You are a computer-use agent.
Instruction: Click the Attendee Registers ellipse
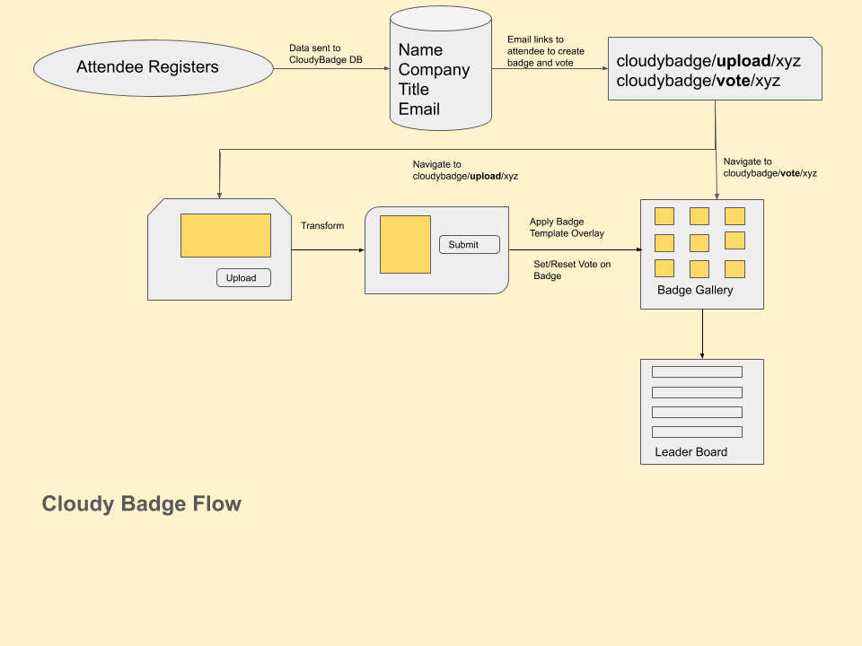click(x=153, y=67)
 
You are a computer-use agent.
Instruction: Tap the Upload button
click(x=242, y=278)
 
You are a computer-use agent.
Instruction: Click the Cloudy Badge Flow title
click(x=142, y=503)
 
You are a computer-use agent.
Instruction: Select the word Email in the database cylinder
click(x=419, y=109)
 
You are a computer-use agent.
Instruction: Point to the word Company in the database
click(x=434, y=70)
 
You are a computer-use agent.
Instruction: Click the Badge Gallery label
click(x=695, y=291)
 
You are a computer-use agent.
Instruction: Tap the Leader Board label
click(x=690, y=452)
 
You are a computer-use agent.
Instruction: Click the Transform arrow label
click(x=322, y=226)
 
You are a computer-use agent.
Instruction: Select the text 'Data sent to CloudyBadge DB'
click(x=325, y=54)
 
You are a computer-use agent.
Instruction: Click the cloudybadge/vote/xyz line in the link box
click(x=698, y=81)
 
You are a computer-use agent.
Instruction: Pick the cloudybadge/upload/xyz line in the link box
click(x=708, y=61)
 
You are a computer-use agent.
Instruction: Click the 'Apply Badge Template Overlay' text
click(x=567, y=227)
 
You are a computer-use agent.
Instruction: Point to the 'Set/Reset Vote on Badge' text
click(x=572, y=270)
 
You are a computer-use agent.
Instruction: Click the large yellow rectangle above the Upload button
click(x=225, y=235)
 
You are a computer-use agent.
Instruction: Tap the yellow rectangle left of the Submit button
click(x=405, y=244)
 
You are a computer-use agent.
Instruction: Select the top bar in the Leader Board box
click(x=697, y=371)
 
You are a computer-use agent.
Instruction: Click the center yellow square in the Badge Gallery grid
click(x=699, y=242)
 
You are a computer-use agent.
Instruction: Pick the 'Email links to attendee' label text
click(x=545, y=51)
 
